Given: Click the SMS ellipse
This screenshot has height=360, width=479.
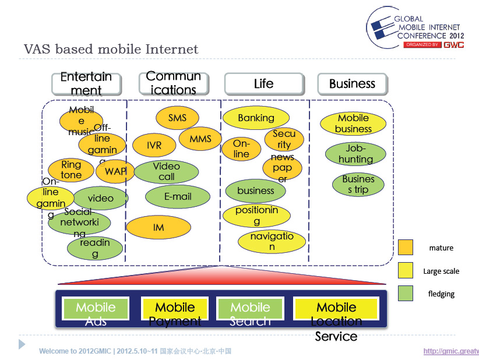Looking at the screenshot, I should (x=177, y=118).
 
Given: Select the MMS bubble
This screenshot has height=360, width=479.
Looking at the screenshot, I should (x=200, y=139).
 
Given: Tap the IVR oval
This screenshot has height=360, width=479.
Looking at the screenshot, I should (x=154, y=145).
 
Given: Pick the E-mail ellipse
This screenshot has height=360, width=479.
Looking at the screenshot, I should (x=178, y=197).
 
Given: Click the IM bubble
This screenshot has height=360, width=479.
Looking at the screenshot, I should (x=159, y=227).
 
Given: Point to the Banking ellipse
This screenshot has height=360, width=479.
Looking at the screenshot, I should (x=256, y=118).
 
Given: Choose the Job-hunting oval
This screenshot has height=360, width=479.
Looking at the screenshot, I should (x=355, y=154).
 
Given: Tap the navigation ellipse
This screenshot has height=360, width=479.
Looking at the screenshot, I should (x=272, y=241).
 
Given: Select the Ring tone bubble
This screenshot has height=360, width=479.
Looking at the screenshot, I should (x=71, y=170).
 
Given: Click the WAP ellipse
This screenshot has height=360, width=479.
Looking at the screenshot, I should (x=115, y=171).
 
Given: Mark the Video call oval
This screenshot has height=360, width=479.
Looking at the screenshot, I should (x=166, y=171).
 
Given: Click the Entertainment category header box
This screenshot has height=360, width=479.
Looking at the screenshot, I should (x=86, y=84).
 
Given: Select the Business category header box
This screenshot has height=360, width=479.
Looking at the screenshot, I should (x=352, y=84).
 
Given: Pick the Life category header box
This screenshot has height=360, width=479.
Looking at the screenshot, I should (x=263, y=84).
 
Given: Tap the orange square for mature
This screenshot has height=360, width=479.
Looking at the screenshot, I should (x=406, y=248).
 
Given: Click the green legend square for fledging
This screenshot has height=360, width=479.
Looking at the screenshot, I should (x=406, y=294).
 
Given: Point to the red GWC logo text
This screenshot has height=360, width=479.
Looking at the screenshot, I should (x=453, y=45).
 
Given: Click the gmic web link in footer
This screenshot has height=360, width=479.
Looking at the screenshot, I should (x=450, y=351).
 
